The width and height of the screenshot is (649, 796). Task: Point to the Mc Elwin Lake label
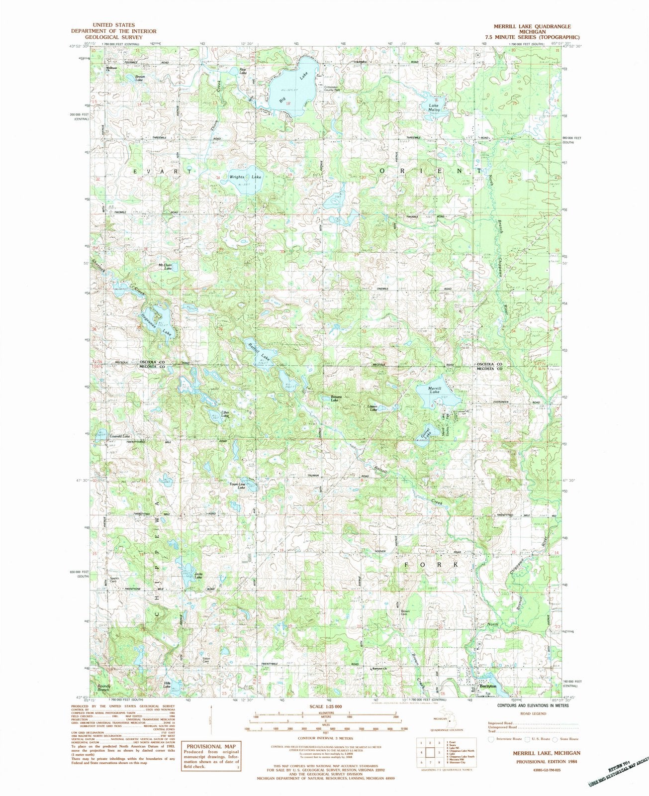(165, 267)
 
